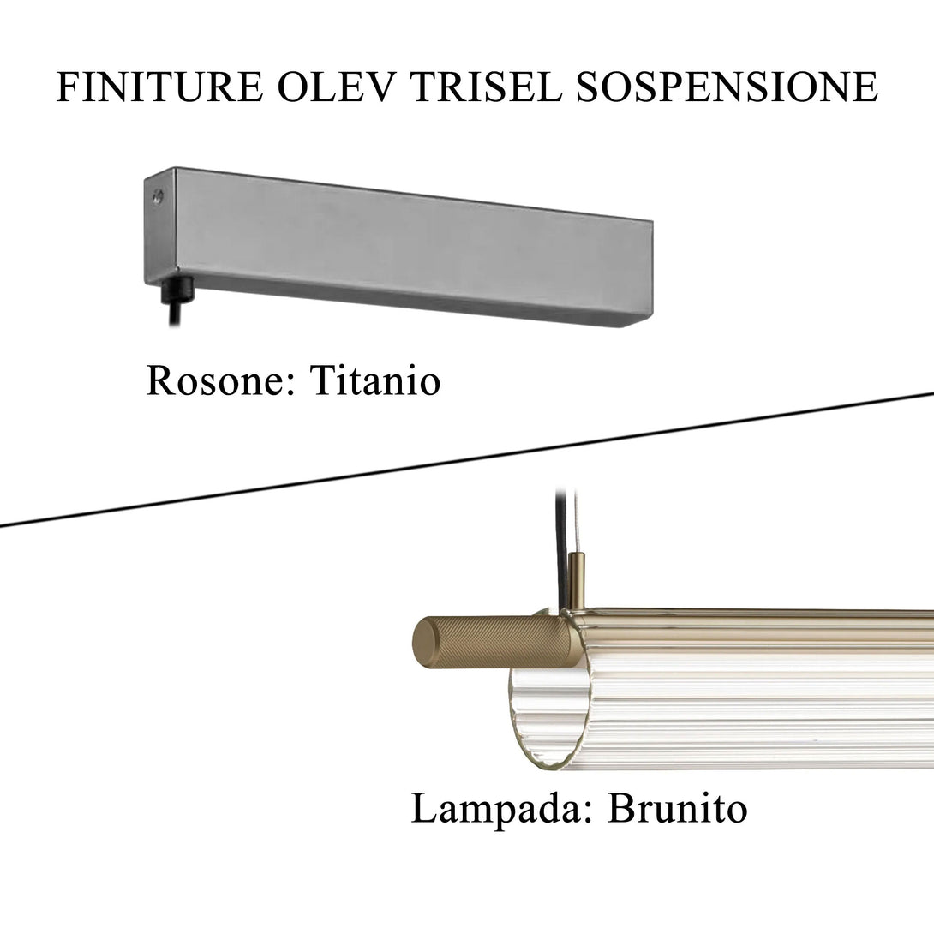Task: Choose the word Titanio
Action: click(374, 380)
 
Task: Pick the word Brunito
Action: click(677, 809)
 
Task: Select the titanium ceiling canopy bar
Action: click(403, 244)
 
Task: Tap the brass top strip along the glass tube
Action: click(754, 614)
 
